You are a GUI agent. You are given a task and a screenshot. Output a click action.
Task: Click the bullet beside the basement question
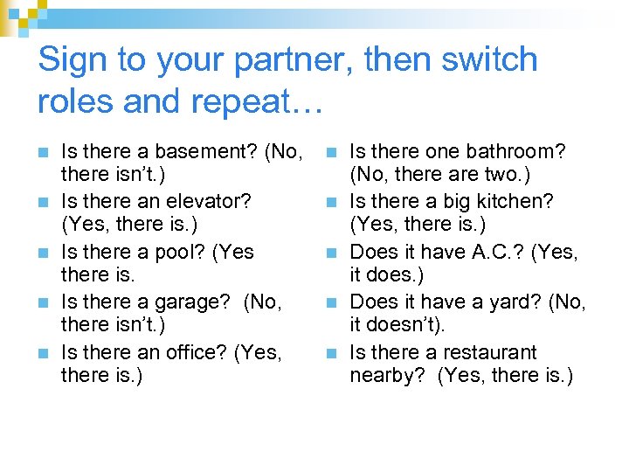(45, 153)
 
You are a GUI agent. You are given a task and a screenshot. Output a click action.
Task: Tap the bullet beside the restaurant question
(334, 354)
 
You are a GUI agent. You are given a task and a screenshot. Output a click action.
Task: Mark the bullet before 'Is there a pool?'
(45, 253)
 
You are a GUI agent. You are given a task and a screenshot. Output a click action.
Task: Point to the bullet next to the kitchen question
(334, 203)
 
